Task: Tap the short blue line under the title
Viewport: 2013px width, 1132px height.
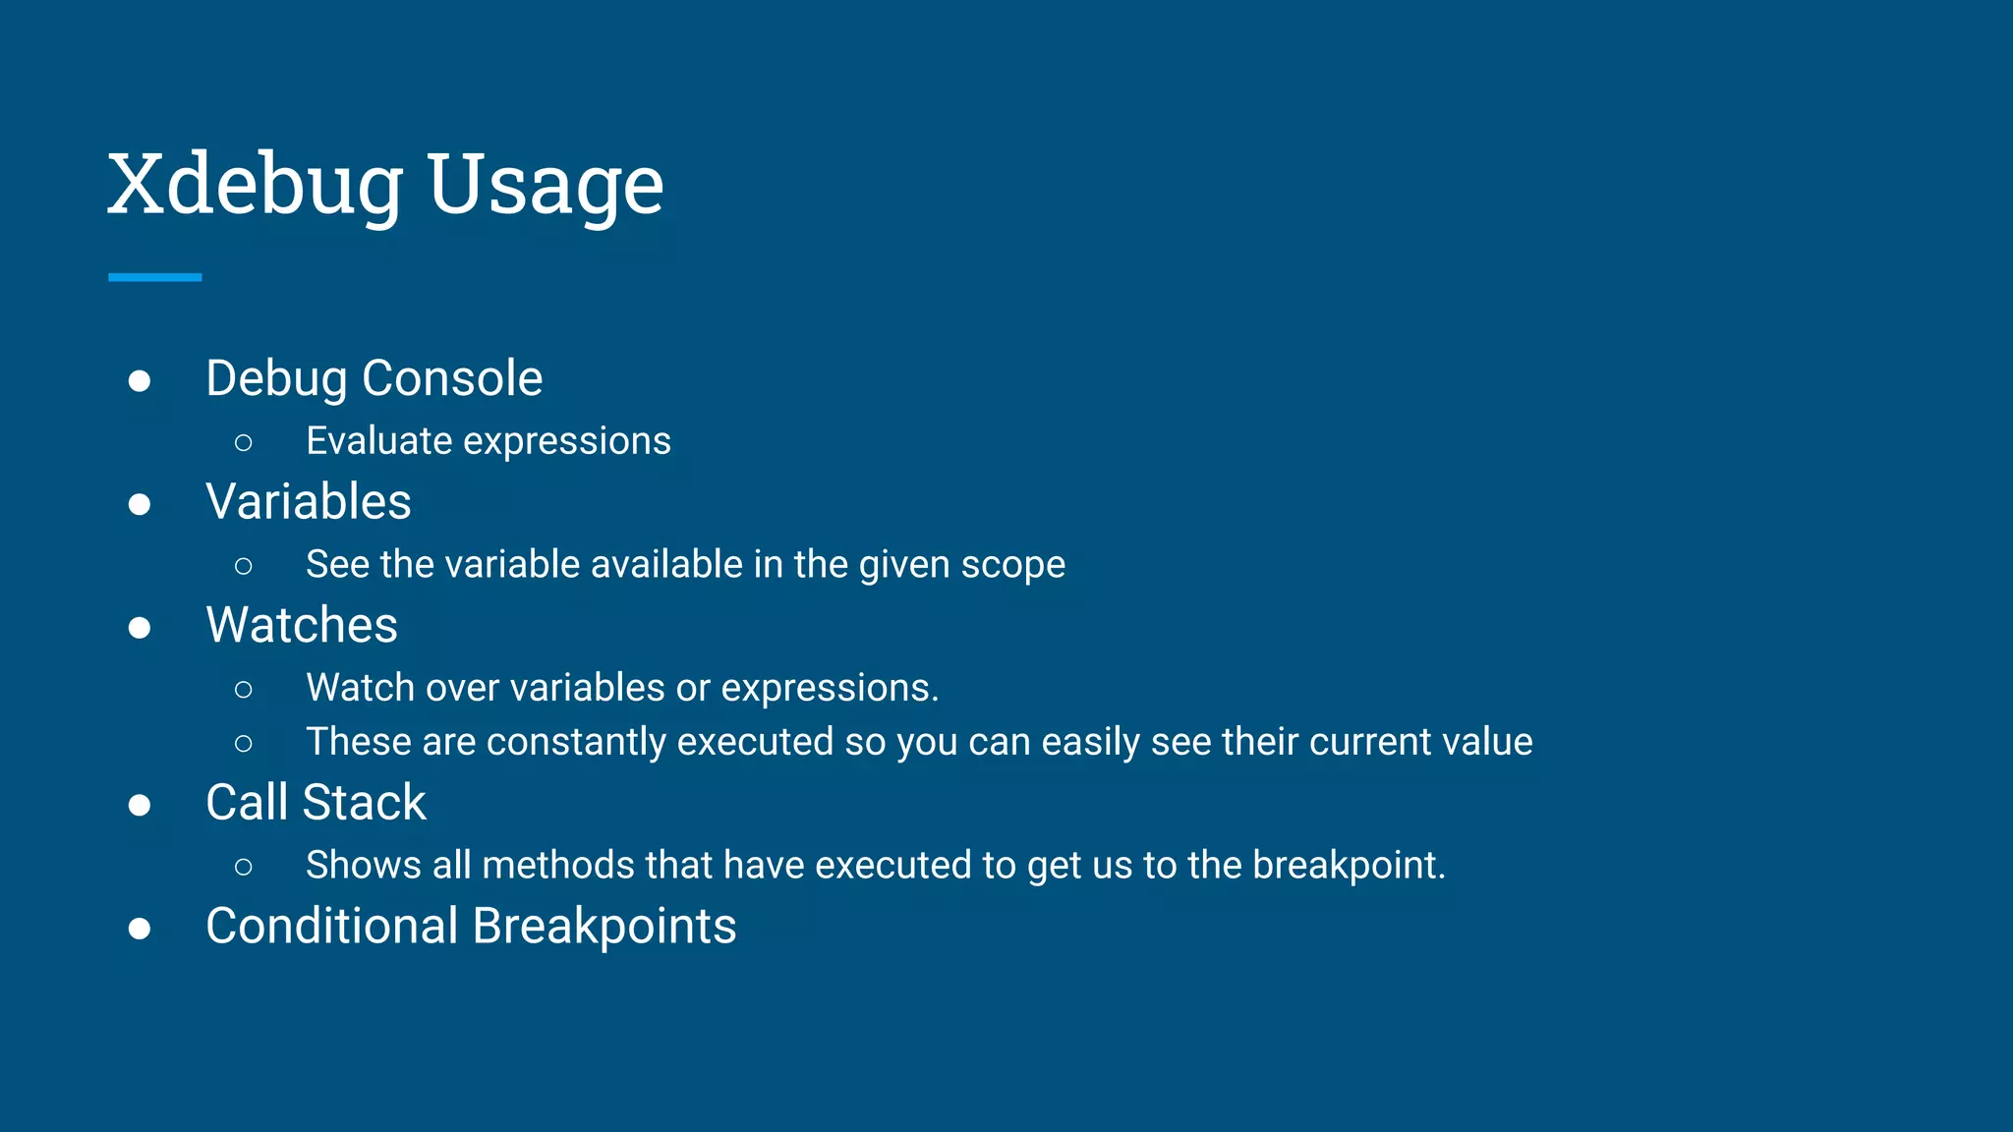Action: point(154,278)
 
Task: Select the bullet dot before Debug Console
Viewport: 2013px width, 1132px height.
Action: point(140,381)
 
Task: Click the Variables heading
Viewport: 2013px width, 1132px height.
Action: point(308,502)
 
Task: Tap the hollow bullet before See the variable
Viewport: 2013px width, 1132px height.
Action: point(244,566)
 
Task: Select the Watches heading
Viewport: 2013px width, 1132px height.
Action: point(302,625)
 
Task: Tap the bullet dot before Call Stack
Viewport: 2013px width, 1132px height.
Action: point(140,806)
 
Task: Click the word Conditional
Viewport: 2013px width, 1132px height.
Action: point(332,927)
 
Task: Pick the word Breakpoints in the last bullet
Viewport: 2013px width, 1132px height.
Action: point(604,927)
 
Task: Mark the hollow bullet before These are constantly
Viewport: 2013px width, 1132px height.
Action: point(244,744)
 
